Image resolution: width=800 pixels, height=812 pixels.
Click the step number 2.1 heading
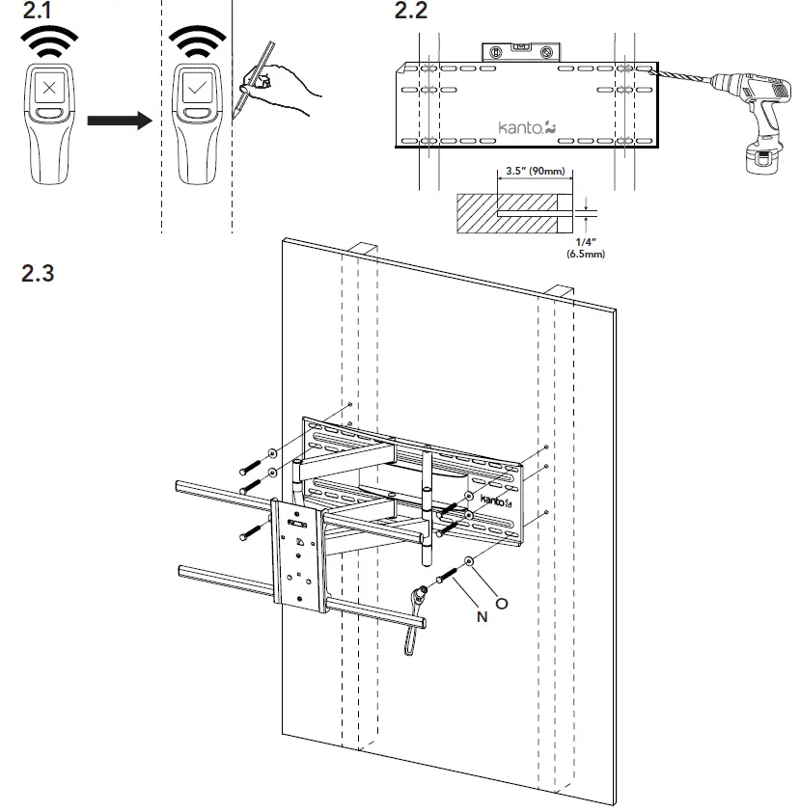[38, 14]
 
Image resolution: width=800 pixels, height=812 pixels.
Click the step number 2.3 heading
[39, 272]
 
